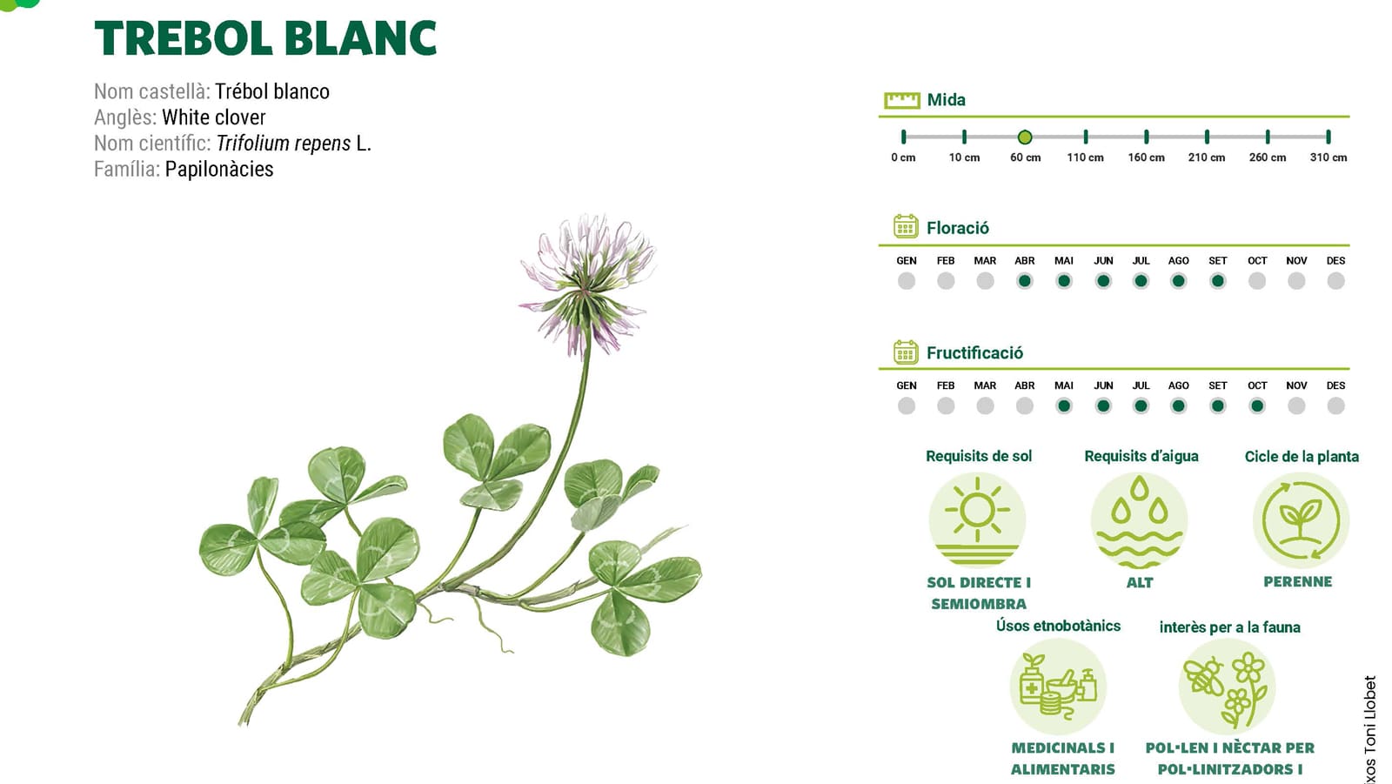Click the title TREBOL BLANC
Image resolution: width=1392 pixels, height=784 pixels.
[265, 38]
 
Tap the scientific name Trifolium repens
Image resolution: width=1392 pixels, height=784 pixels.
[284, 144]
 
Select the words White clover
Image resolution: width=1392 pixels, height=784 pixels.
[214, 117]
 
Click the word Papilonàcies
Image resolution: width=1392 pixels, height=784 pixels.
[218, 169]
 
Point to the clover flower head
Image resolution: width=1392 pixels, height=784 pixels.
[587, 283]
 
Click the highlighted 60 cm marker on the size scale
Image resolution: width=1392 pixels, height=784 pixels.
[1025, 137]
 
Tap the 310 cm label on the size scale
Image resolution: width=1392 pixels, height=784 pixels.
[1328, 157]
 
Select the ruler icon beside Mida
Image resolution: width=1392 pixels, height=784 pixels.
[901, 100]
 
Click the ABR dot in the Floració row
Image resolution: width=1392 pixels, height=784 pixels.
[1025, 281]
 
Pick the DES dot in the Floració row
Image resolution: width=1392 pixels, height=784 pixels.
[1336, 281]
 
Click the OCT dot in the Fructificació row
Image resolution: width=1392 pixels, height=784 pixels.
[1257, 406]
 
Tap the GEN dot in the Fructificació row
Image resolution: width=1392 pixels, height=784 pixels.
[907, 406]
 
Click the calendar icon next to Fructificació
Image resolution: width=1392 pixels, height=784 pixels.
[906, 352]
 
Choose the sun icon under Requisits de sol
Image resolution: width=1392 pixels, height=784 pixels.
[978, 519]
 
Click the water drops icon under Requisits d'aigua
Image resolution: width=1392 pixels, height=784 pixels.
[1139, 519]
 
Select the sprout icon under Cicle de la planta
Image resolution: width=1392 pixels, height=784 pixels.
[1301, 519]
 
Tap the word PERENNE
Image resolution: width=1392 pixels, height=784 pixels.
[1297, 582]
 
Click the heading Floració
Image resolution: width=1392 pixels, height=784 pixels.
[958, 228]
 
